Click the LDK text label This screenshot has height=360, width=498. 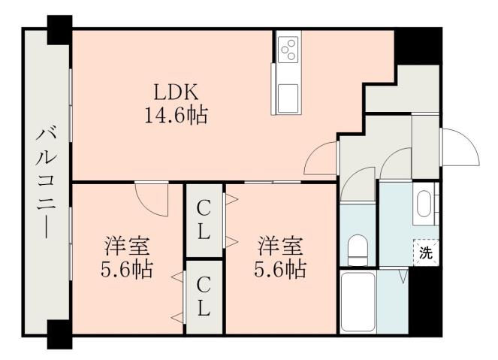coord(175,92)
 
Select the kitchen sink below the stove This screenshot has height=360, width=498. coord(288,97)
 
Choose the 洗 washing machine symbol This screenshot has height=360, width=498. coord(425,253)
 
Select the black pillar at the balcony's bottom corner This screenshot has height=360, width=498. coord(58,334)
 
